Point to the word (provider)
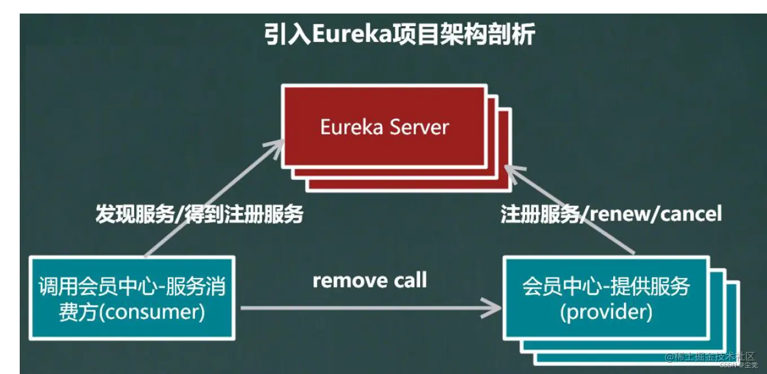pos(606,311)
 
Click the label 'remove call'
pos(370,280)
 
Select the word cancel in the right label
pos(690,214)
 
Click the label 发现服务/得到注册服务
pos(200,214)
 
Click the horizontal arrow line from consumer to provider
pos(367,308)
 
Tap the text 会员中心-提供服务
pos(606,287)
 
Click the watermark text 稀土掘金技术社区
pos(709,357)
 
